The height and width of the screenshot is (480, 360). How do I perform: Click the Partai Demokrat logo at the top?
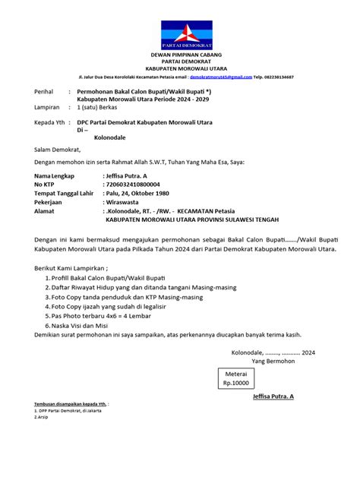pyautogui.click(x=179, y=30)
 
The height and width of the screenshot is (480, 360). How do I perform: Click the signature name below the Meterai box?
pyautogui.click(x=267, y=418)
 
